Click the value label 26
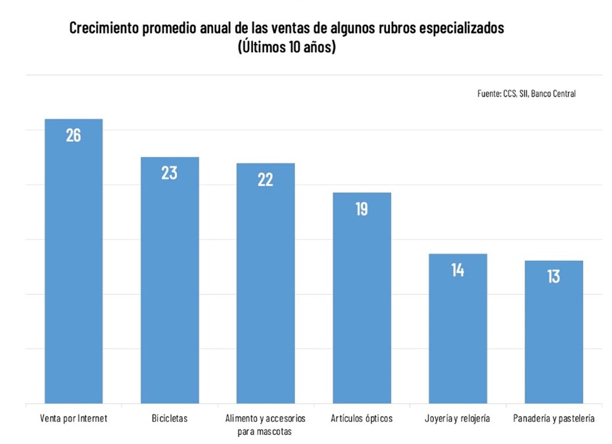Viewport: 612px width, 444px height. coord(74,136)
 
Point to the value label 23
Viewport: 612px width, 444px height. coord(170,173)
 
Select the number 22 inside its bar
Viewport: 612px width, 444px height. coord(266,179)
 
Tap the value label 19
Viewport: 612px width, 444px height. coord(362,210)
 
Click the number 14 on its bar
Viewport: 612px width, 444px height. coord(458,270)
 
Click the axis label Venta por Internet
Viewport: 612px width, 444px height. coord(74,418)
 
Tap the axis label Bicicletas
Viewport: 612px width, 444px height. coord(170,418)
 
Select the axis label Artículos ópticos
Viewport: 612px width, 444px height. coord(362,418)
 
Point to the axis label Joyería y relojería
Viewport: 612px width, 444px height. coord(458,418)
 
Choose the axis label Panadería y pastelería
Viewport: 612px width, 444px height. coord(553,418)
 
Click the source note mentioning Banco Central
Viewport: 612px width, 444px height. coord(527,94)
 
